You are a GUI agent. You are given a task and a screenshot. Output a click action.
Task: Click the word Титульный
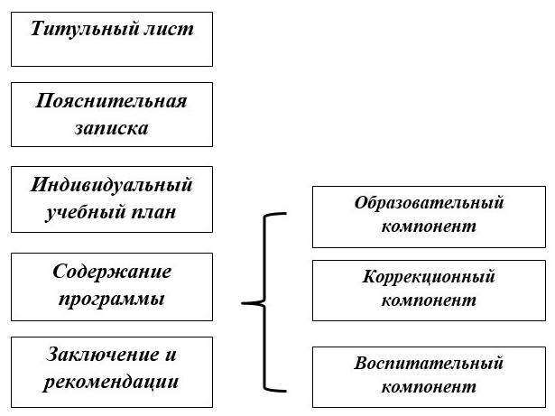pyautogui.click(x=84, y=29)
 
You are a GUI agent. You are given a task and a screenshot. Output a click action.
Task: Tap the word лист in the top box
pyautogui.click(x=169, y=29)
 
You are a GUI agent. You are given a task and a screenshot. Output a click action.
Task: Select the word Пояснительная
pyautogui.click(x=111, y=101)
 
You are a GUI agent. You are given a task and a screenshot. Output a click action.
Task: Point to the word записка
pyautogui.click(x=111, y=128)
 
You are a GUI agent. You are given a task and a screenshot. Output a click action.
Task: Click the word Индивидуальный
pyautogui.click(x=111, y=185)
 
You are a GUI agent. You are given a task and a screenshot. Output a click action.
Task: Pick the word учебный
pyautogui.click(x=85, y=212)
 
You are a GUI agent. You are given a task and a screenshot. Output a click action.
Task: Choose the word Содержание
pyautogui.click(x=112, y=272)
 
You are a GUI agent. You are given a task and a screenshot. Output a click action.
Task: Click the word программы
pyautogui.click(x=111, y=300)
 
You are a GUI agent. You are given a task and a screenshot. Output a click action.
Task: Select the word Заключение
pyautogui.click(x=102, y=355)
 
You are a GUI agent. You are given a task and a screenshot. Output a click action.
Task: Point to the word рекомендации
pyautogui.click(x=110, y=383)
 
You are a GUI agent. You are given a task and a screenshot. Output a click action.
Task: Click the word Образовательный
pyautogui.click(x=429, y=203)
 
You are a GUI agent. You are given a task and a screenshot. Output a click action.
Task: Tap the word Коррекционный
pyautogui.click(x=429, y=277)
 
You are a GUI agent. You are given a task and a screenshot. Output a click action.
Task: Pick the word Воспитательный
pyautogui.click(x=429, y=364)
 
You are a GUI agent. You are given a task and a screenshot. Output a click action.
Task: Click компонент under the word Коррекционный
pyautogui.click(x=429, y=300)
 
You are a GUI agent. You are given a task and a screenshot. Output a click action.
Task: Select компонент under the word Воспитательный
pyautogui.click(x=429, y=387)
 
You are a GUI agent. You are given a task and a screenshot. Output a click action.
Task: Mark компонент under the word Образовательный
pyautogui.click(x=429, y=226)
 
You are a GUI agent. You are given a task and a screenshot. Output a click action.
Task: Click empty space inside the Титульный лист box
pyautogui.click(x=112, y=53)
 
